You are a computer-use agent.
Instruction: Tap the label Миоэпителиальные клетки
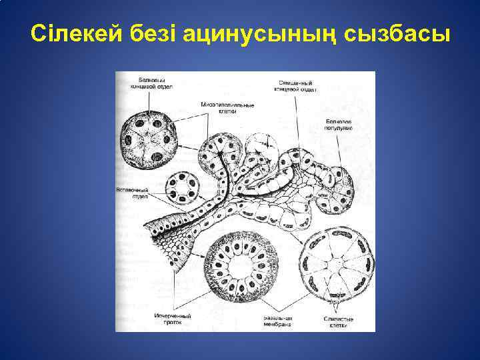coord(227,108)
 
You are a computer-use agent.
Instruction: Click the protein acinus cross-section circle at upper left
coord(149,141)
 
